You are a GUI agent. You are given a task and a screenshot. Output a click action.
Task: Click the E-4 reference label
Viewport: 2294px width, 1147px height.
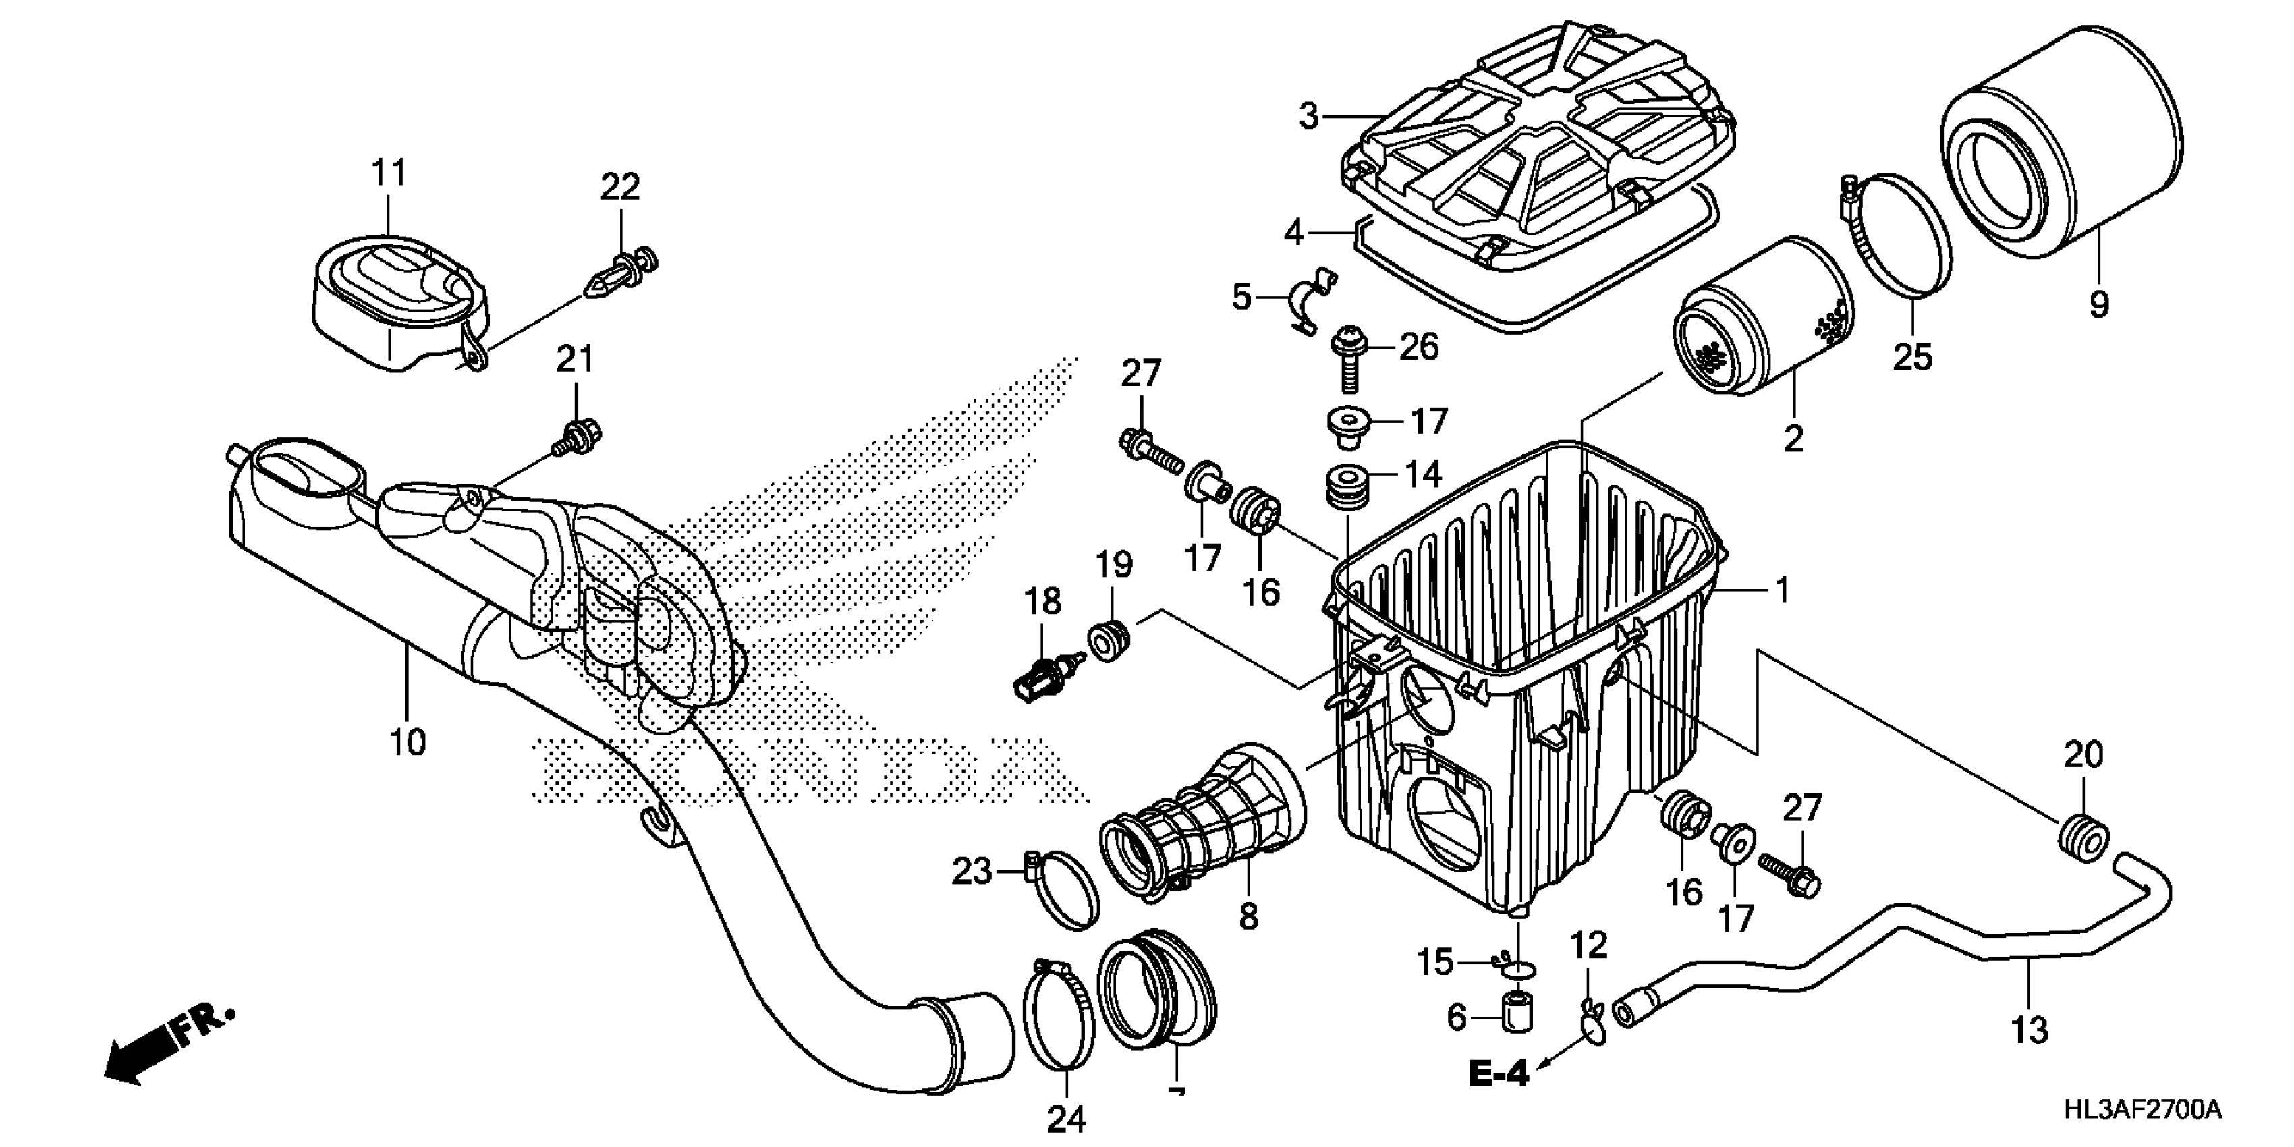1499,1074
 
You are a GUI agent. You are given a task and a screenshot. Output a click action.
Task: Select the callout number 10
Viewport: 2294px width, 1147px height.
408,741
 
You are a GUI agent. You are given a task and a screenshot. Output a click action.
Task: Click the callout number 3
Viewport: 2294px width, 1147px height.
1308,116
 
